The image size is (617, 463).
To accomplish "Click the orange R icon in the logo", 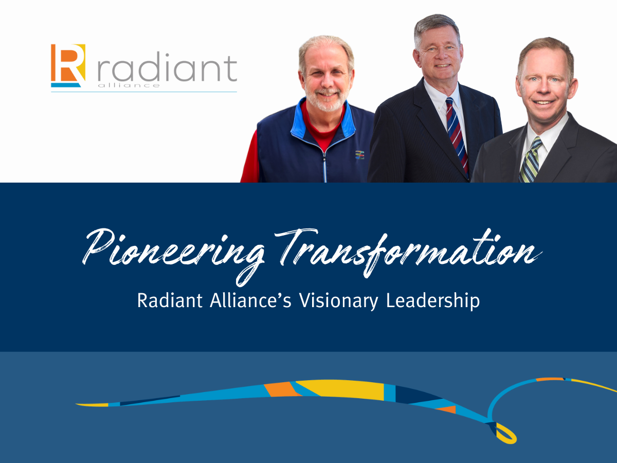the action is point(68,65).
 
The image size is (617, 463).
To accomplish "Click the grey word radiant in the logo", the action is point(167,67).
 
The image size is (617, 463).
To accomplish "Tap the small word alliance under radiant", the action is point(129,85).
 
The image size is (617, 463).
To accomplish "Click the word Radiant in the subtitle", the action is point(170,300).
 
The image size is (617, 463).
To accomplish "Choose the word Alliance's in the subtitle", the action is point(250,300).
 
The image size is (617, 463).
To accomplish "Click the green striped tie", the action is point(531,159).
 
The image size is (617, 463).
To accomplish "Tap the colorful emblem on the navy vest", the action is point(359,155).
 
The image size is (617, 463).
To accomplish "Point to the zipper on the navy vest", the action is point(324,168).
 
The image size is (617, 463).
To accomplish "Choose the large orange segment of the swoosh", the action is point(282,389).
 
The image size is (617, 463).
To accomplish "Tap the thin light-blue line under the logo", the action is point(144,92).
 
